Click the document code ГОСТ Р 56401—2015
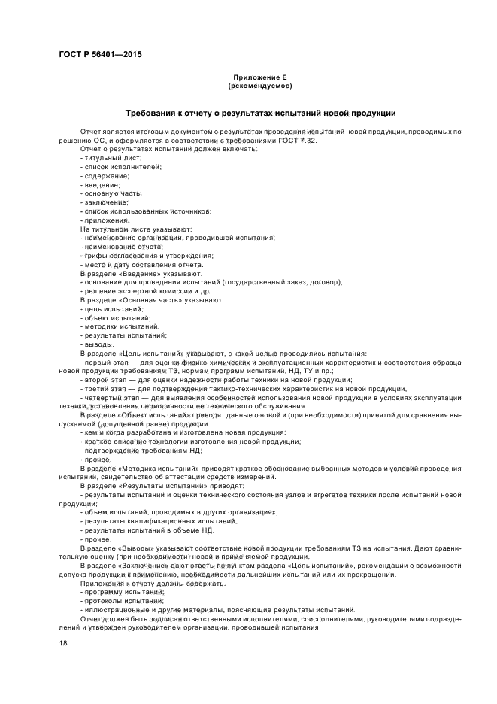coord(100,55)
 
